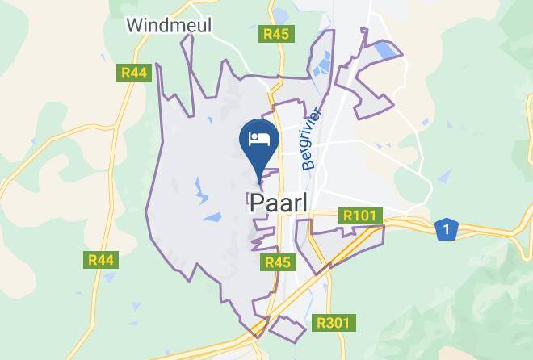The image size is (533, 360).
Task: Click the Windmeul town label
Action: click(169, 25)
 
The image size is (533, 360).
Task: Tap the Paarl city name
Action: click(278, 203)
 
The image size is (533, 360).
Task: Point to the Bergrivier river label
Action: click(312, 139)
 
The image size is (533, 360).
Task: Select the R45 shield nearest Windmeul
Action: click(276, 35)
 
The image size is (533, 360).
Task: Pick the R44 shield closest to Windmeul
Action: click(134, 73)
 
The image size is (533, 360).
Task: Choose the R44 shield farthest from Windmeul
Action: click(102, 260)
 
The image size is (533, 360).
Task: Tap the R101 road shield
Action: click(360, 216)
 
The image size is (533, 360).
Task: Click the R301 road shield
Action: click(333, 324)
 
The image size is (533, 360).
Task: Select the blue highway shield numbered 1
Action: click(447, 229)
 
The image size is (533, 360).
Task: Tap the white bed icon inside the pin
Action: click(259, 138)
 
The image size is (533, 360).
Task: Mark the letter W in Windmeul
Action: click(135, 25)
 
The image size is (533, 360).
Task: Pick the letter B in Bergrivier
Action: click(308, 164)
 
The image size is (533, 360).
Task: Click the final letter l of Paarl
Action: click(304, 203)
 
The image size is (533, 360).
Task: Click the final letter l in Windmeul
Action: click(209, 25)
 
